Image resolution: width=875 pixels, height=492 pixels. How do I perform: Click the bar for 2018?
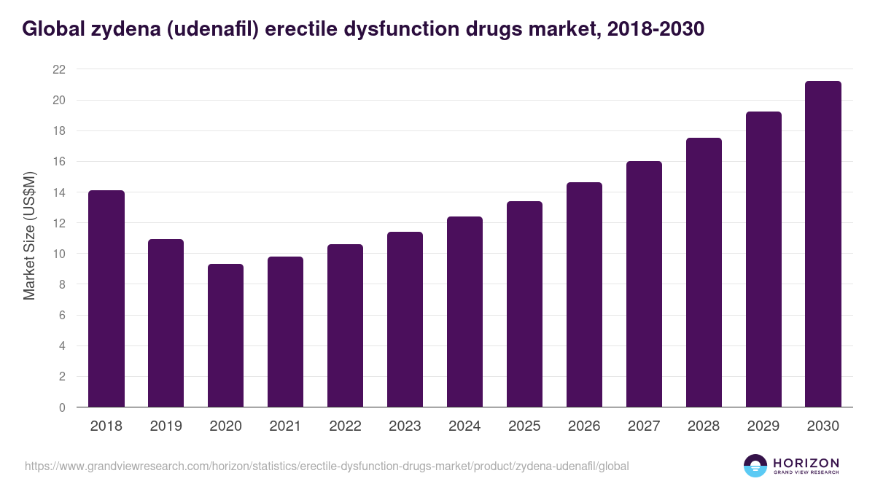tap(106, 299)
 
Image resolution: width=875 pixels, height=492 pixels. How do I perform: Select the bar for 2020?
tap(225, 335)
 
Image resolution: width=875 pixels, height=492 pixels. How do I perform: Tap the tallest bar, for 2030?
tap(823, 244)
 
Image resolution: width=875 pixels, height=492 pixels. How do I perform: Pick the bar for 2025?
tap(524, 304)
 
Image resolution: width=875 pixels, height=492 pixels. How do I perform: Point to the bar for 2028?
tap(704, 273)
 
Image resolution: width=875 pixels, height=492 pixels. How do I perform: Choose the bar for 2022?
tap(345, 326)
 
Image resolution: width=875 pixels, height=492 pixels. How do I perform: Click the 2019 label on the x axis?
tap(166, 426)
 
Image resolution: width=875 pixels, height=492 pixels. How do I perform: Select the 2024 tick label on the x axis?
tap(464, 426)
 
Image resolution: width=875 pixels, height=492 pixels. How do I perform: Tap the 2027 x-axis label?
tap(644, 426)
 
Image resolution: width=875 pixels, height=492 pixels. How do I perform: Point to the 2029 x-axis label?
tap(763, 426)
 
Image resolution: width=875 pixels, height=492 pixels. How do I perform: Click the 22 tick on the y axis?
tap(59, 69)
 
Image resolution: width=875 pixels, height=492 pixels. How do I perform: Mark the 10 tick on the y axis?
tap(59, 254)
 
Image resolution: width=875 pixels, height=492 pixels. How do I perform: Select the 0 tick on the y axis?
tap(62, 407)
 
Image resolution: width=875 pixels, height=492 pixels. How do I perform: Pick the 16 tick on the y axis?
tap(59, 162)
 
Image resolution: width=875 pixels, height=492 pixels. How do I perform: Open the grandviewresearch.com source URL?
tap(327, 466)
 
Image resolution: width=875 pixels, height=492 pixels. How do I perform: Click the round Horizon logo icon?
tap(755, 466)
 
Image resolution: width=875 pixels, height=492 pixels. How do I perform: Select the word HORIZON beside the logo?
tap(806, 463)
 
